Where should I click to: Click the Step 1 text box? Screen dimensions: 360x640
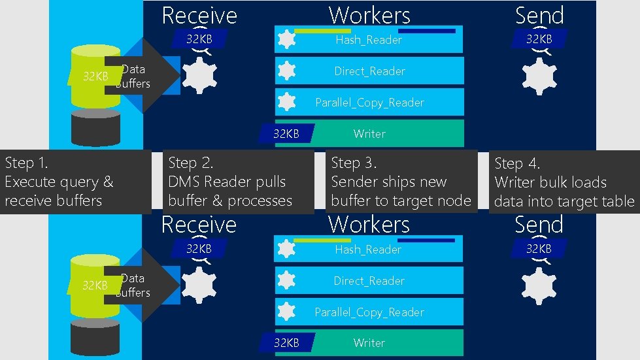coord(75,182)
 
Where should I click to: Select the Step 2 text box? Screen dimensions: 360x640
coord(238,182)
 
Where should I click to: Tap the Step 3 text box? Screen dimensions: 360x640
coord(401,182)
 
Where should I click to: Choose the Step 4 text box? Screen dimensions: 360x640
coord(564,182)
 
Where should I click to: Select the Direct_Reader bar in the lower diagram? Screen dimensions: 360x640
coord(369,281)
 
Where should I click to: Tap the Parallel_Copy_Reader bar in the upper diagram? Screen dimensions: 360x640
coord(369,103)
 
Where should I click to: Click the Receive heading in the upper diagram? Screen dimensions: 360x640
coord(199,15)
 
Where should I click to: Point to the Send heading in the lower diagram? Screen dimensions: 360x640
coord(539,225)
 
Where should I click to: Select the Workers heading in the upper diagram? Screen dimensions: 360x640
coord(369,15)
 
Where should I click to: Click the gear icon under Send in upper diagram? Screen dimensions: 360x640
coord(539,76)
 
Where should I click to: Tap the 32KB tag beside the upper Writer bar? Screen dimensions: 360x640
coord(286,134)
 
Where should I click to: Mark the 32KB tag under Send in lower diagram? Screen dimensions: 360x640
coord(539,249)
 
